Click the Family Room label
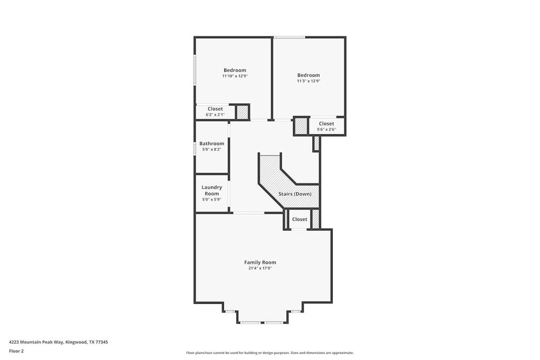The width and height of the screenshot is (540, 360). pyautogui.click(x=260, y=262)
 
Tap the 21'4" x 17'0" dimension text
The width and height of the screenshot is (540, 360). pyautogui.click(x=260, y=268)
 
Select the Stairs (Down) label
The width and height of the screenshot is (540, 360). pyautogui.click(x=295, y=194)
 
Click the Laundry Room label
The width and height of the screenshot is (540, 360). pyautogui.click(x=211, y=190)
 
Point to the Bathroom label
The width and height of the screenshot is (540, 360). pyautogui.click(x=211, y=143)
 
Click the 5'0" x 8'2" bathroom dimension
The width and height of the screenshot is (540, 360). pyautogui.click(x=211, y=150)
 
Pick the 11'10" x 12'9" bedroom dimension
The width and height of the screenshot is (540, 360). pyautogui.click(x=235, y=76)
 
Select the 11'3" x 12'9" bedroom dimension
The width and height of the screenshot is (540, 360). pyautogui.click(x=308, y=81)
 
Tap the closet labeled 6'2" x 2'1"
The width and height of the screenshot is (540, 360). pyautogui.click(x=215, y=111)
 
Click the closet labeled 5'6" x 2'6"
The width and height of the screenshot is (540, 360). pyautogui.click(x=326, y=127)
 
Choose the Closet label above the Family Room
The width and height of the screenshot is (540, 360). pyautogui.click(x=300, y=219)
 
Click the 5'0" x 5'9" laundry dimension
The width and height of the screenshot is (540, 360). pyautogui.click(x=211, y=200)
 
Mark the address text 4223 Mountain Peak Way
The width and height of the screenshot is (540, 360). pyautogui.click(x=58, y=342)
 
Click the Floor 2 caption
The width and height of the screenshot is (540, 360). pyautogui.click(x=16, y=351)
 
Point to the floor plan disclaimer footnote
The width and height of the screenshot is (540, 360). pyautogui.click(x=269, y=353)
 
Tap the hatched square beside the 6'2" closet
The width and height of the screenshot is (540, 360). pyautogui.click(x=242, y=112)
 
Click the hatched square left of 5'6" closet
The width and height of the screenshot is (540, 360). pyautogui.click(x=301, y=127)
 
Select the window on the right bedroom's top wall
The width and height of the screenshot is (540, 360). pyautogui.click(x=289, y=37)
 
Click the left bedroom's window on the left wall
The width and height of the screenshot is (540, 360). pyautogui.click(x=195, y=70)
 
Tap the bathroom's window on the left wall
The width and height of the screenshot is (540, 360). pyautogui.click(x=195, y=148)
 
